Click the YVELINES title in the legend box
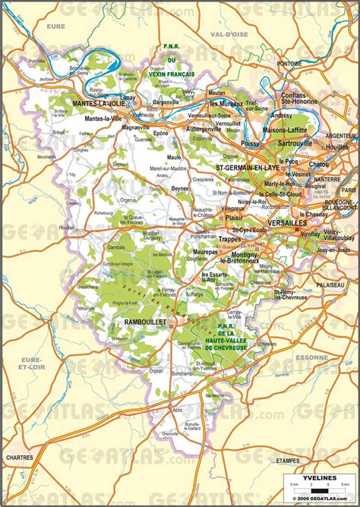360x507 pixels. point(315,477)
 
